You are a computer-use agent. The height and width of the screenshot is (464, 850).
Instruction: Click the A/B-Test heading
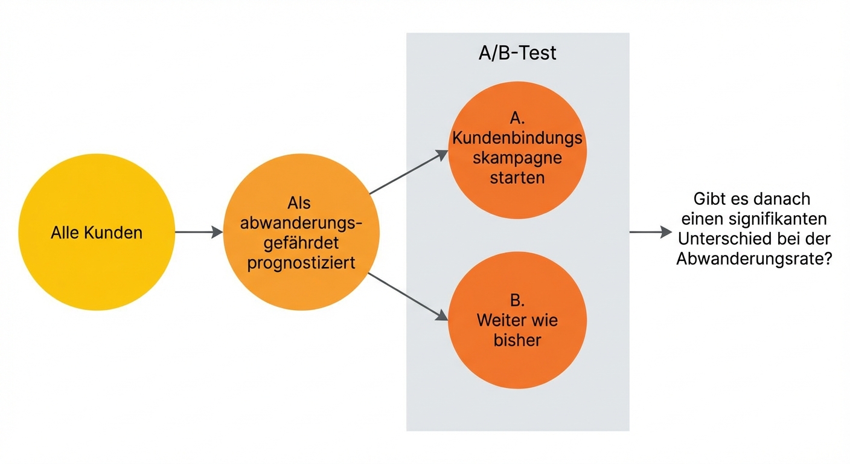coord(517,53)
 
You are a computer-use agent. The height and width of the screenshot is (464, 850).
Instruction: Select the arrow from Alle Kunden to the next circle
coord(199,232)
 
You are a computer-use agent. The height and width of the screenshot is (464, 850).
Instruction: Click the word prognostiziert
coord(301,263)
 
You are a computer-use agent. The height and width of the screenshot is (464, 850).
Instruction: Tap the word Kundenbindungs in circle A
coord(517,138)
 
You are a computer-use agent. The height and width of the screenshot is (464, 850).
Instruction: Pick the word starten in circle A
coord(517,178)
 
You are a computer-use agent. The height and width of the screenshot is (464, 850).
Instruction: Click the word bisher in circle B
coord(517,340)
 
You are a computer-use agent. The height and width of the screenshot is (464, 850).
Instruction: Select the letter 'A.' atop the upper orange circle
coord(517,118)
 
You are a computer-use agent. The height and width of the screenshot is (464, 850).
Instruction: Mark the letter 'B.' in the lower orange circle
coord(517,300)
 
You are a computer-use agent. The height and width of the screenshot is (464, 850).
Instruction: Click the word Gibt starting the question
coord(710,198)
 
